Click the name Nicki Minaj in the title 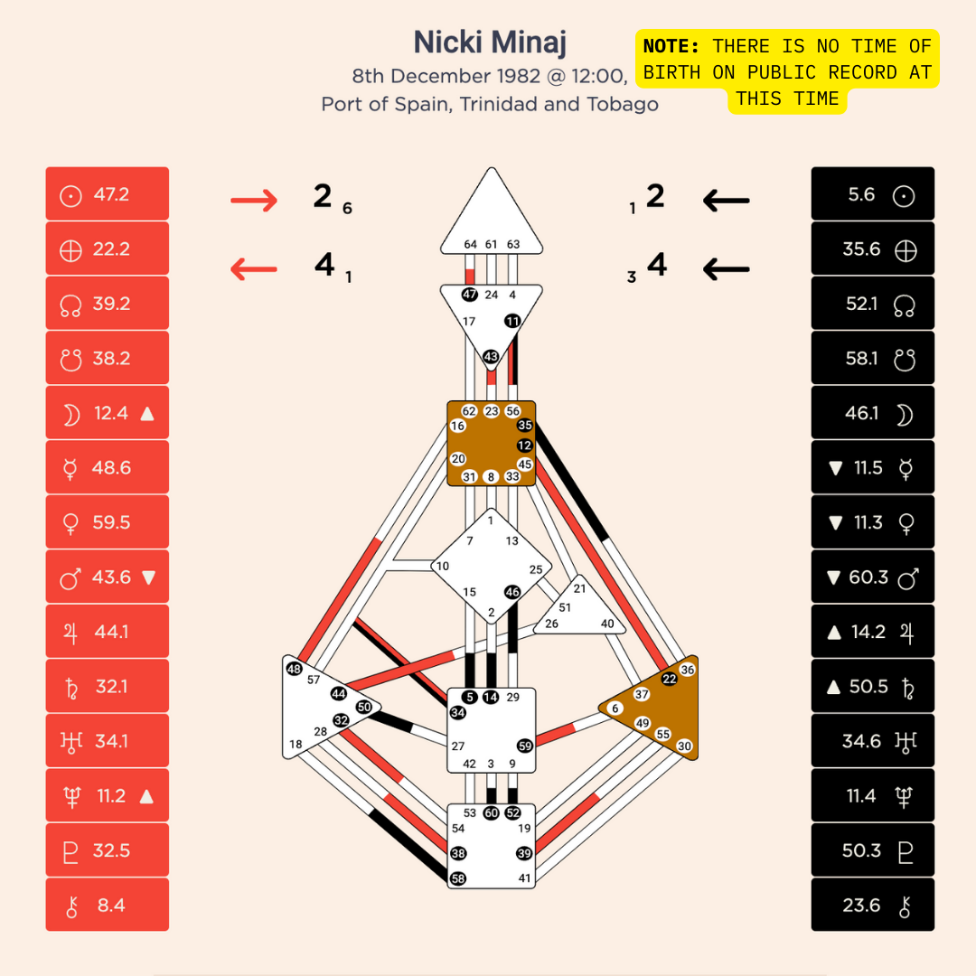[x=490, y=42]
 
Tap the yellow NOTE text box [x=787, y=72]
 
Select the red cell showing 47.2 [x=108, y=194]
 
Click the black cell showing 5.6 [x=872, y=194]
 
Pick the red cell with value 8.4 [x=108, y=905]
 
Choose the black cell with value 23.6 [x=872, y=905]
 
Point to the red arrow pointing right [x=254, y=200]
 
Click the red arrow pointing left [x=254, y=268]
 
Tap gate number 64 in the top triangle [x=470, y=244]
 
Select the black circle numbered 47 [x=470, y=295]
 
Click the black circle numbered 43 [x=491, y=357]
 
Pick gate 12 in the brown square [x=525, y=446]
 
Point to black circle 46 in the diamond [x=512, y=592]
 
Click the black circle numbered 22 [x=669, y=679]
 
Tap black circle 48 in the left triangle [x=294, y=669]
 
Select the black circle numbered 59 [x=525, y=746]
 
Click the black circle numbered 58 [x=458, y=877]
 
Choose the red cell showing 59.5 [x=108, y=522]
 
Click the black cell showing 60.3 [x=872, y=577]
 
